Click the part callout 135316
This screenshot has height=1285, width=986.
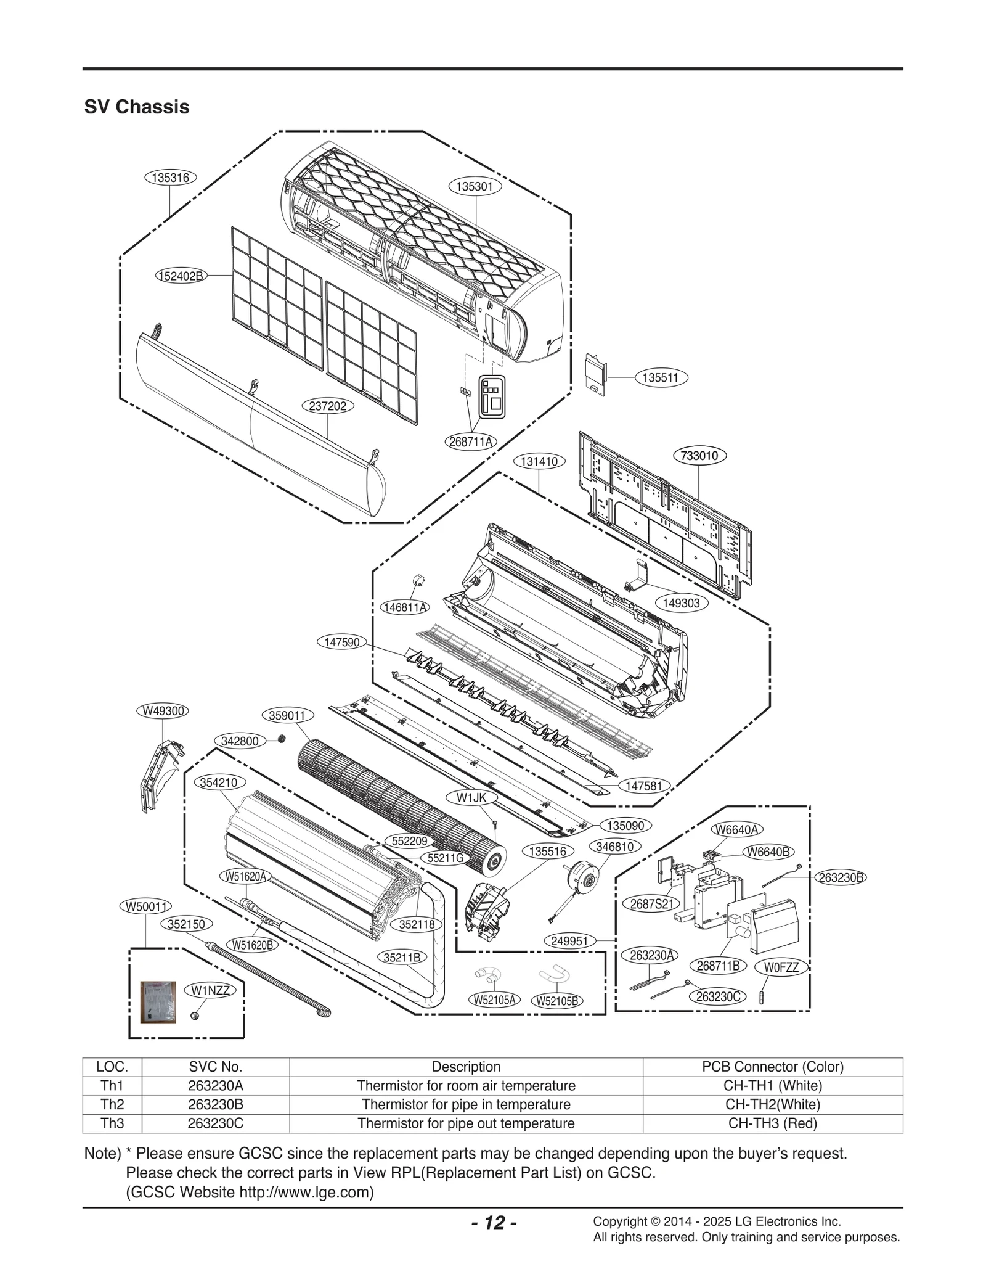[x=170, y=178]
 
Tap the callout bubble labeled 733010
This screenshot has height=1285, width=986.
[x=699, y=456]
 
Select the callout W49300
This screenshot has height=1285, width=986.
[x=162, y=710]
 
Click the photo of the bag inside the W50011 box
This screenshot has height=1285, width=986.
[x=158, y=1002]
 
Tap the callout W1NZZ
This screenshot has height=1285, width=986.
[x=210, y=990]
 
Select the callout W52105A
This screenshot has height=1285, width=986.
[x=494, y=1000]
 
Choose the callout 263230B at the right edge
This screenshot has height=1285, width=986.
[x=841, y=877]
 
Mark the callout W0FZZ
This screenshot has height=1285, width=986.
[x=781, y=967]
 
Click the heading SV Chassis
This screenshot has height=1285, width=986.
[x=137, y=107]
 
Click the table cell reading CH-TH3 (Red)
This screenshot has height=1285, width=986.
[x=772, y=1123]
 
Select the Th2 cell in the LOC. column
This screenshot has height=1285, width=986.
[x=112, y=1104]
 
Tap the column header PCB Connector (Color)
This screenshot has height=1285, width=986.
[x=772, y=1066]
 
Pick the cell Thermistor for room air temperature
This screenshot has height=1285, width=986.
[x=466, y=1085]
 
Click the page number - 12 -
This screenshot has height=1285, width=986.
[x=494, y=1222]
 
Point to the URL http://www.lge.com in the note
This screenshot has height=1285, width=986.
[x=304, y=1192]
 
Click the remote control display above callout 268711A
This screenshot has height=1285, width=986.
[x=492, y=397]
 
